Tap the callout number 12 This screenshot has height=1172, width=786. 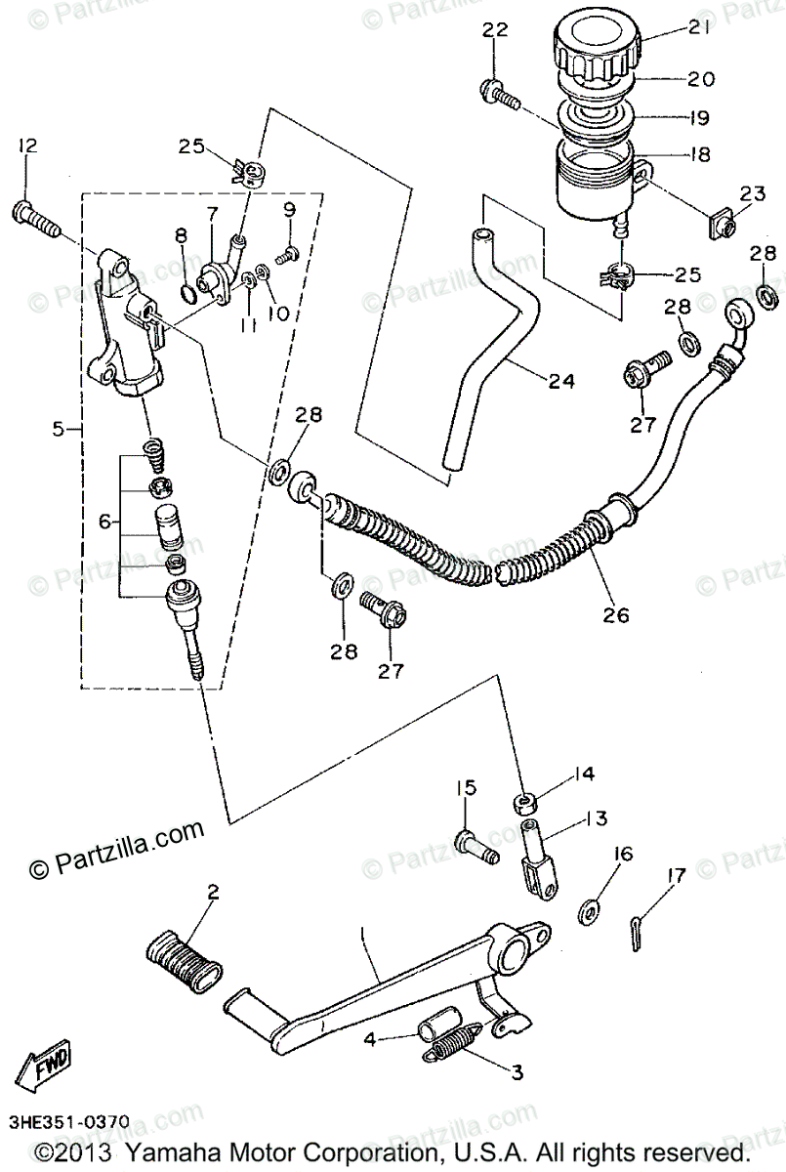[x=25, y=146]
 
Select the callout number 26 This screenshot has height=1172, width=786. [x=616, y=615]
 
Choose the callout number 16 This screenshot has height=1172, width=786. [x=622, y=855]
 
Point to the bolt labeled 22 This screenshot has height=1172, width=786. [x=500, y=95]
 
